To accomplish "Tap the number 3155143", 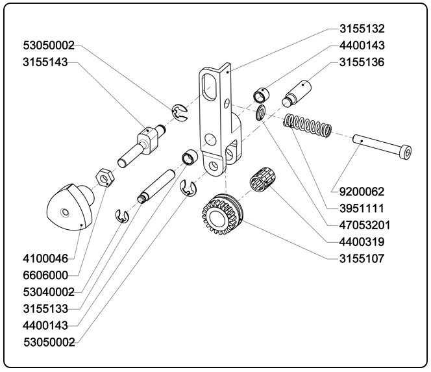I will click(48, 62).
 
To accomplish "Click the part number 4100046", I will click(45, 258).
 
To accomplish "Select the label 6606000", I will click(45, 275).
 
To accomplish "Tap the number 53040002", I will click(48, 292).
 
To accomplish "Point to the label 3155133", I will click(45, 308).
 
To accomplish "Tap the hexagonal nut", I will click(105, 176).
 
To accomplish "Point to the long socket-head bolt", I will click(383, 145).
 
